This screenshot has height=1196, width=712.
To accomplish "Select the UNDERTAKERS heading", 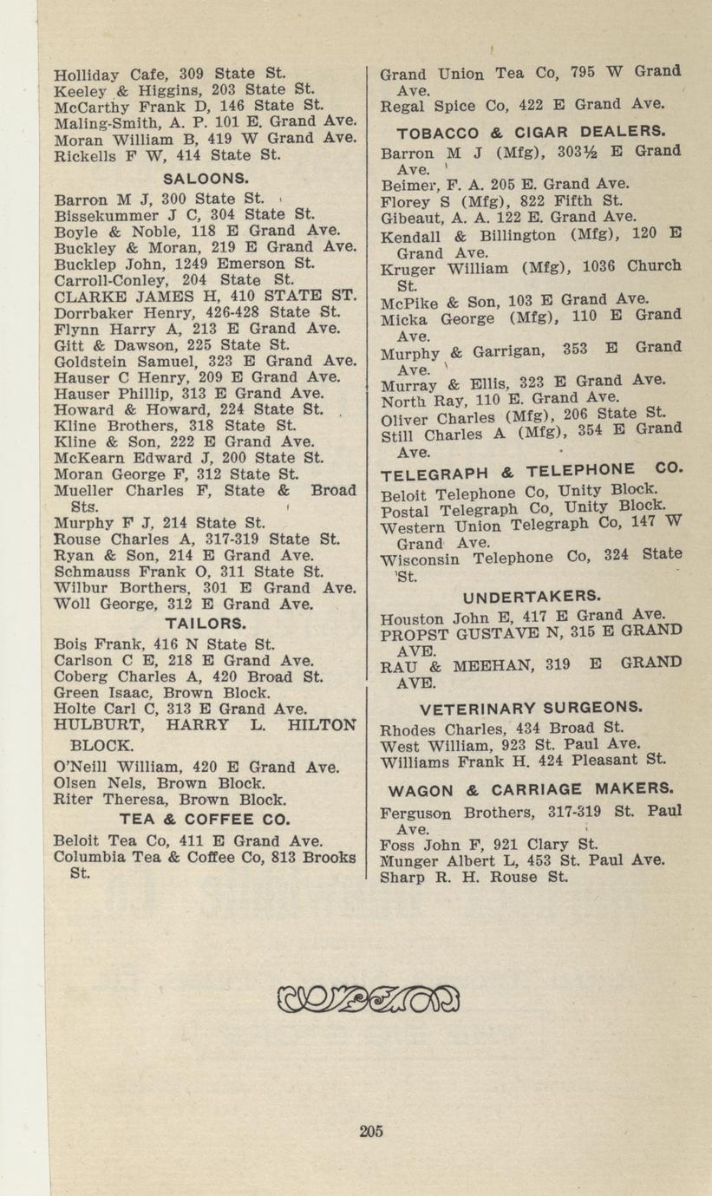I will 531,597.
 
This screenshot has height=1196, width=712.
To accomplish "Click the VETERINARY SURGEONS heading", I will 531,706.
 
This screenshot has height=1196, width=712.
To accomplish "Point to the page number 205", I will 370,1130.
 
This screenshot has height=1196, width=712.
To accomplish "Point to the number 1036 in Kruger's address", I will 587,267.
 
